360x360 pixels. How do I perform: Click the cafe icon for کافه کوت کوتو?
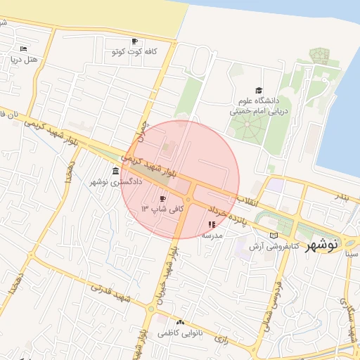pyautogui.click(x=134, y=41)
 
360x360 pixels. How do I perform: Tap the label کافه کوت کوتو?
pyautogui.click(x=134, y=52)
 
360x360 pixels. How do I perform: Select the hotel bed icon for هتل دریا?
pyautogui.click(x=23, y=49)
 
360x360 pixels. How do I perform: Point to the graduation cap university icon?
pyautogui.click(x=259, y=91)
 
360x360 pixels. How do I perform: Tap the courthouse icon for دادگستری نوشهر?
pyautogui.click(x=115, y=172)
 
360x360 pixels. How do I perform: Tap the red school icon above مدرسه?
pyautogui.click(x=212, y=225)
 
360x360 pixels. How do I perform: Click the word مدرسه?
pyautogui.click(x=212, y=236)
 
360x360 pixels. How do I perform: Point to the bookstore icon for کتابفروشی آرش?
pyautogui.click(x=274, y=236)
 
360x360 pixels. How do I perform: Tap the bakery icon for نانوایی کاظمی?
pyautogui.click(x=181, y=322)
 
